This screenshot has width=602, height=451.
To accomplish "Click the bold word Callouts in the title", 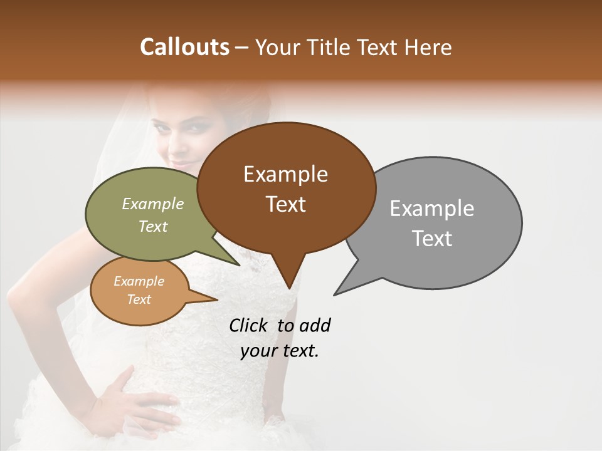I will coord(184,47).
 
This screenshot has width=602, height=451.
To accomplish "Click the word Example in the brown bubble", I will coord(285,174).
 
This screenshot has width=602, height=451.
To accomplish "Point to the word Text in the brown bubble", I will coord(286,204).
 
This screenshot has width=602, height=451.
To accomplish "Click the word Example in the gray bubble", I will coord(432,209).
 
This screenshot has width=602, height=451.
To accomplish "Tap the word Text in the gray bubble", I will coord(432,239).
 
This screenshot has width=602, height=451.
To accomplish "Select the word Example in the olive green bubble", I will coord(153,204).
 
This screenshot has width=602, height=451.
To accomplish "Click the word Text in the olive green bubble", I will coord(153,227).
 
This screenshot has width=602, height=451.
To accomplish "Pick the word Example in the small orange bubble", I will coord(139,282).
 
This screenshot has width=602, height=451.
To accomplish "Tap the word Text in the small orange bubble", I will coord(139,299).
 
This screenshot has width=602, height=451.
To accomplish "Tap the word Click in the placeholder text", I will coord(250,326).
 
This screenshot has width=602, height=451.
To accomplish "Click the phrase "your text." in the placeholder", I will coord(280,351).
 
